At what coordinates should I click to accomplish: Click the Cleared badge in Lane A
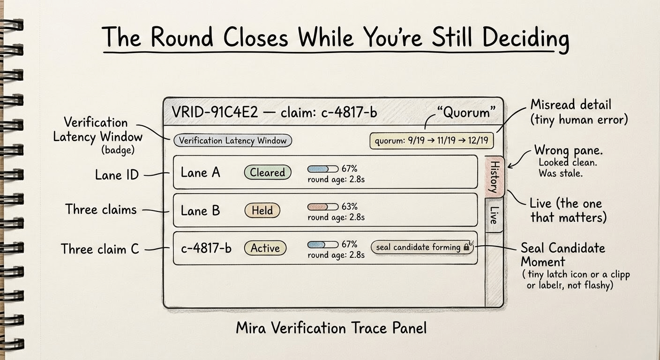pyautogui.click(x=267, y=172)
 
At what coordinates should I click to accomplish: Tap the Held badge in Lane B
pyautogui.click(x=262, y=210)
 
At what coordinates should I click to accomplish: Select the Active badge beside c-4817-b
pyautogui.click(x=265, y=248)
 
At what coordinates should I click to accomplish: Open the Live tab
pyautogui.click(x=494, y=214)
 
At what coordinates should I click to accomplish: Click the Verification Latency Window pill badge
pyautogui.click(x=232, y=140)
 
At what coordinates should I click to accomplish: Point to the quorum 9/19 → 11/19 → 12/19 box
pyautogui.click(x=431, y=141)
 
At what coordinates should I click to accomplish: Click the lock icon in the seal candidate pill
pyautogui.click(x=466, y=247)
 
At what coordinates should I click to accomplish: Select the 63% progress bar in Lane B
pyautogui.click(x=322, y=206)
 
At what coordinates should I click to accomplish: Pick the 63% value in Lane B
pyautogui.click(x=349, y=206)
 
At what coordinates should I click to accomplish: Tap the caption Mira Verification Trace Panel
pyautogui.click(x=331, y=327)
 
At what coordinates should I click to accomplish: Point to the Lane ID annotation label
pyautogui.click(x=117, y=175)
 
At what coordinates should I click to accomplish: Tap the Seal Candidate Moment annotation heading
pyautogui.click(x=562, y=254)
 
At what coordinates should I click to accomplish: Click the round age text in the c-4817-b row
pyautogui.click(x=336, y=255)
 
